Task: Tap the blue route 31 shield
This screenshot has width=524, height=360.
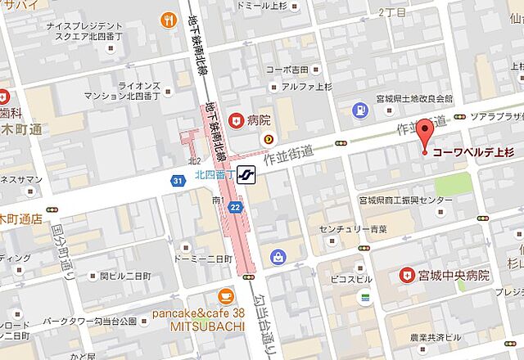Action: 178,181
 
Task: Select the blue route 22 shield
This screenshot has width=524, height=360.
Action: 236,209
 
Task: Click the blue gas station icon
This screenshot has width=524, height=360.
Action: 359,110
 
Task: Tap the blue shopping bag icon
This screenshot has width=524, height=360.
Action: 279,256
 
